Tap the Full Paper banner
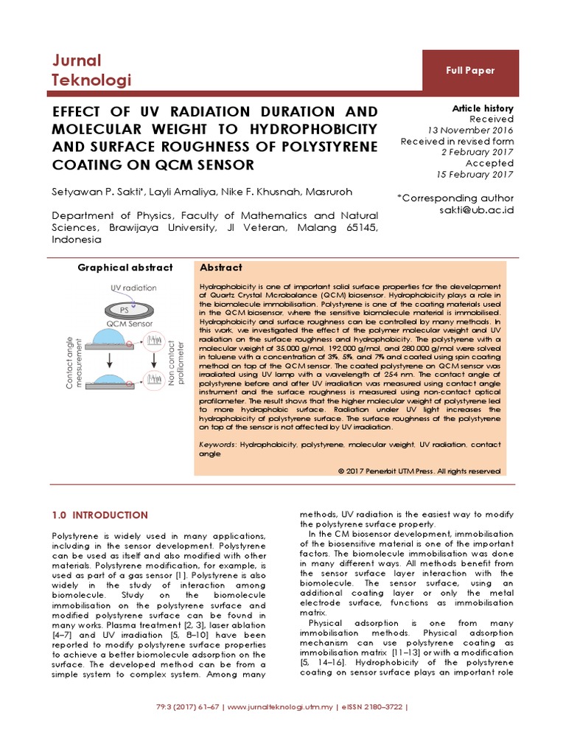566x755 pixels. pos(469,71)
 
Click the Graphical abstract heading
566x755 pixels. pos(125,268)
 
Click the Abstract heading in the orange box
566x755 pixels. pos(221,268)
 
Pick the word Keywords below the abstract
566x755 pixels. pos(217,445)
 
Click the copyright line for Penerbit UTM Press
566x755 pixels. pos(419,470)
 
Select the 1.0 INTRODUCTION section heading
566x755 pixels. pos(99,515)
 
